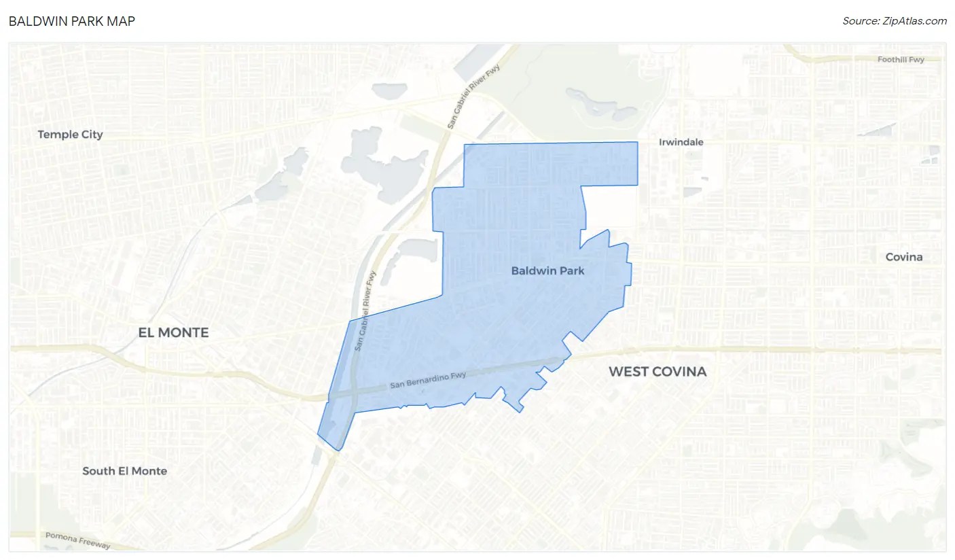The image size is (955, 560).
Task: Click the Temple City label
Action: [71, 135]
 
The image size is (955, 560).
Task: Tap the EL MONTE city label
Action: [173, 332]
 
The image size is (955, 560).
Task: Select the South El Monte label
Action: [124, 471]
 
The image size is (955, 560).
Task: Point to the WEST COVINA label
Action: [657, 372]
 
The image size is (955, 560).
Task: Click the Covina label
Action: [904, 257]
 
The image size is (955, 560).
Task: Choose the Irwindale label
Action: [681, 142]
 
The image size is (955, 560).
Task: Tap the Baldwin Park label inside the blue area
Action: [547, 270]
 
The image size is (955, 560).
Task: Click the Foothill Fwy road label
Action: [901, 60]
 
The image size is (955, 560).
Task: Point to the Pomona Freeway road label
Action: [77, 541]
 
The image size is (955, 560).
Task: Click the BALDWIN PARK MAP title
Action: [72, 21]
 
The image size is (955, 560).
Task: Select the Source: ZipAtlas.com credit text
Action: [894, 21]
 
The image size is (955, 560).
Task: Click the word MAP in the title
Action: [122, 21]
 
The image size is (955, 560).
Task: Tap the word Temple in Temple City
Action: [58, 135]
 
